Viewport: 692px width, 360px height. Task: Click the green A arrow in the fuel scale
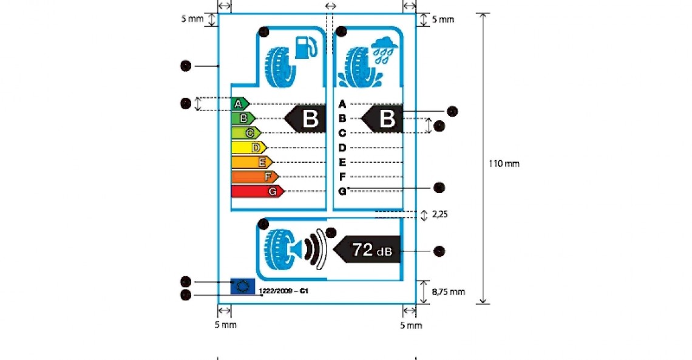(x=240, y=104)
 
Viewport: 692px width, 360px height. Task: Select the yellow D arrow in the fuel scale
(x=249, y=148)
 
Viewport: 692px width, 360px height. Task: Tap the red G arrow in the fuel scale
(x=258, y=191)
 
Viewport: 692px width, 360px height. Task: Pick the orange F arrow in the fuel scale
(x=256, y=177)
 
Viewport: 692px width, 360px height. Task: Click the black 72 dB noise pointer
(x=368, y=250)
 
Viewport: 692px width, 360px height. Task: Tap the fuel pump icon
(x=306, y=47)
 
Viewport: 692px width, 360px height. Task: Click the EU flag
(x=243, y=286)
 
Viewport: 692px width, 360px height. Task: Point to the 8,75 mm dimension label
(x=448, y=292)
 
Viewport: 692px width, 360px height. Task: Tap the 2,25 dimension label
(x=440, y=214)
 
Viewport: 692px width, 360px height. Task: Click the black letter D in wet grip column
(x=342, y=148)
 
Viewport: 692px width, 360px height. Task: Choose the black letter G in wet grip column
(x=342, y=191)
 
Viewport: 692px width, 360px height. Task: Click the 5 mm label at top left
(x=192, y=19)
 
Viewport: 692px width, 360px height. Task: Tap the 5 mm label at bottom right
(x=411, y=325)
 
